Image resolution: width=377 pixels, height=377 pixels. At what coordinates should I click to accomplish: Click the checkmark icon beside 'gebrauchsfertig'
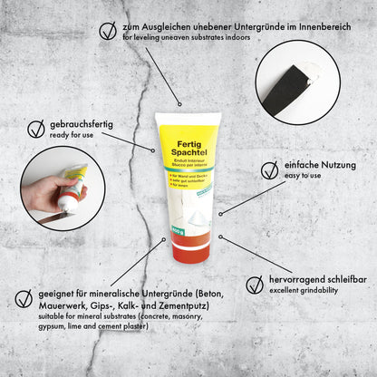tap(36, 129)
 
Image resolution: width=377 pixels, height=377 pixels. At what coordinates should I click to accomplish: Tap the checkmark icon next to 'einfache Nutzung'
tap(269, 169)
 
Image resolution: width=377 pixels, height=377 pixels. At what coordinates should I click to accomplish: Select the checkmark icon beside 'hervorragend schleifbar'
tap(254, 284)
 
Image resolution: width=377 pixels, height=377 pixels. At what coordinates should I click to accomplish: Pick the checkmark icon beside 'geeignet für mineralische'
tap(24, 297)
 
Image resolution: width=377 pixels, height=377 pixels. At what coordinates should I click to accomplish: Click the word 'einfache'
tap(303, 166)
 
